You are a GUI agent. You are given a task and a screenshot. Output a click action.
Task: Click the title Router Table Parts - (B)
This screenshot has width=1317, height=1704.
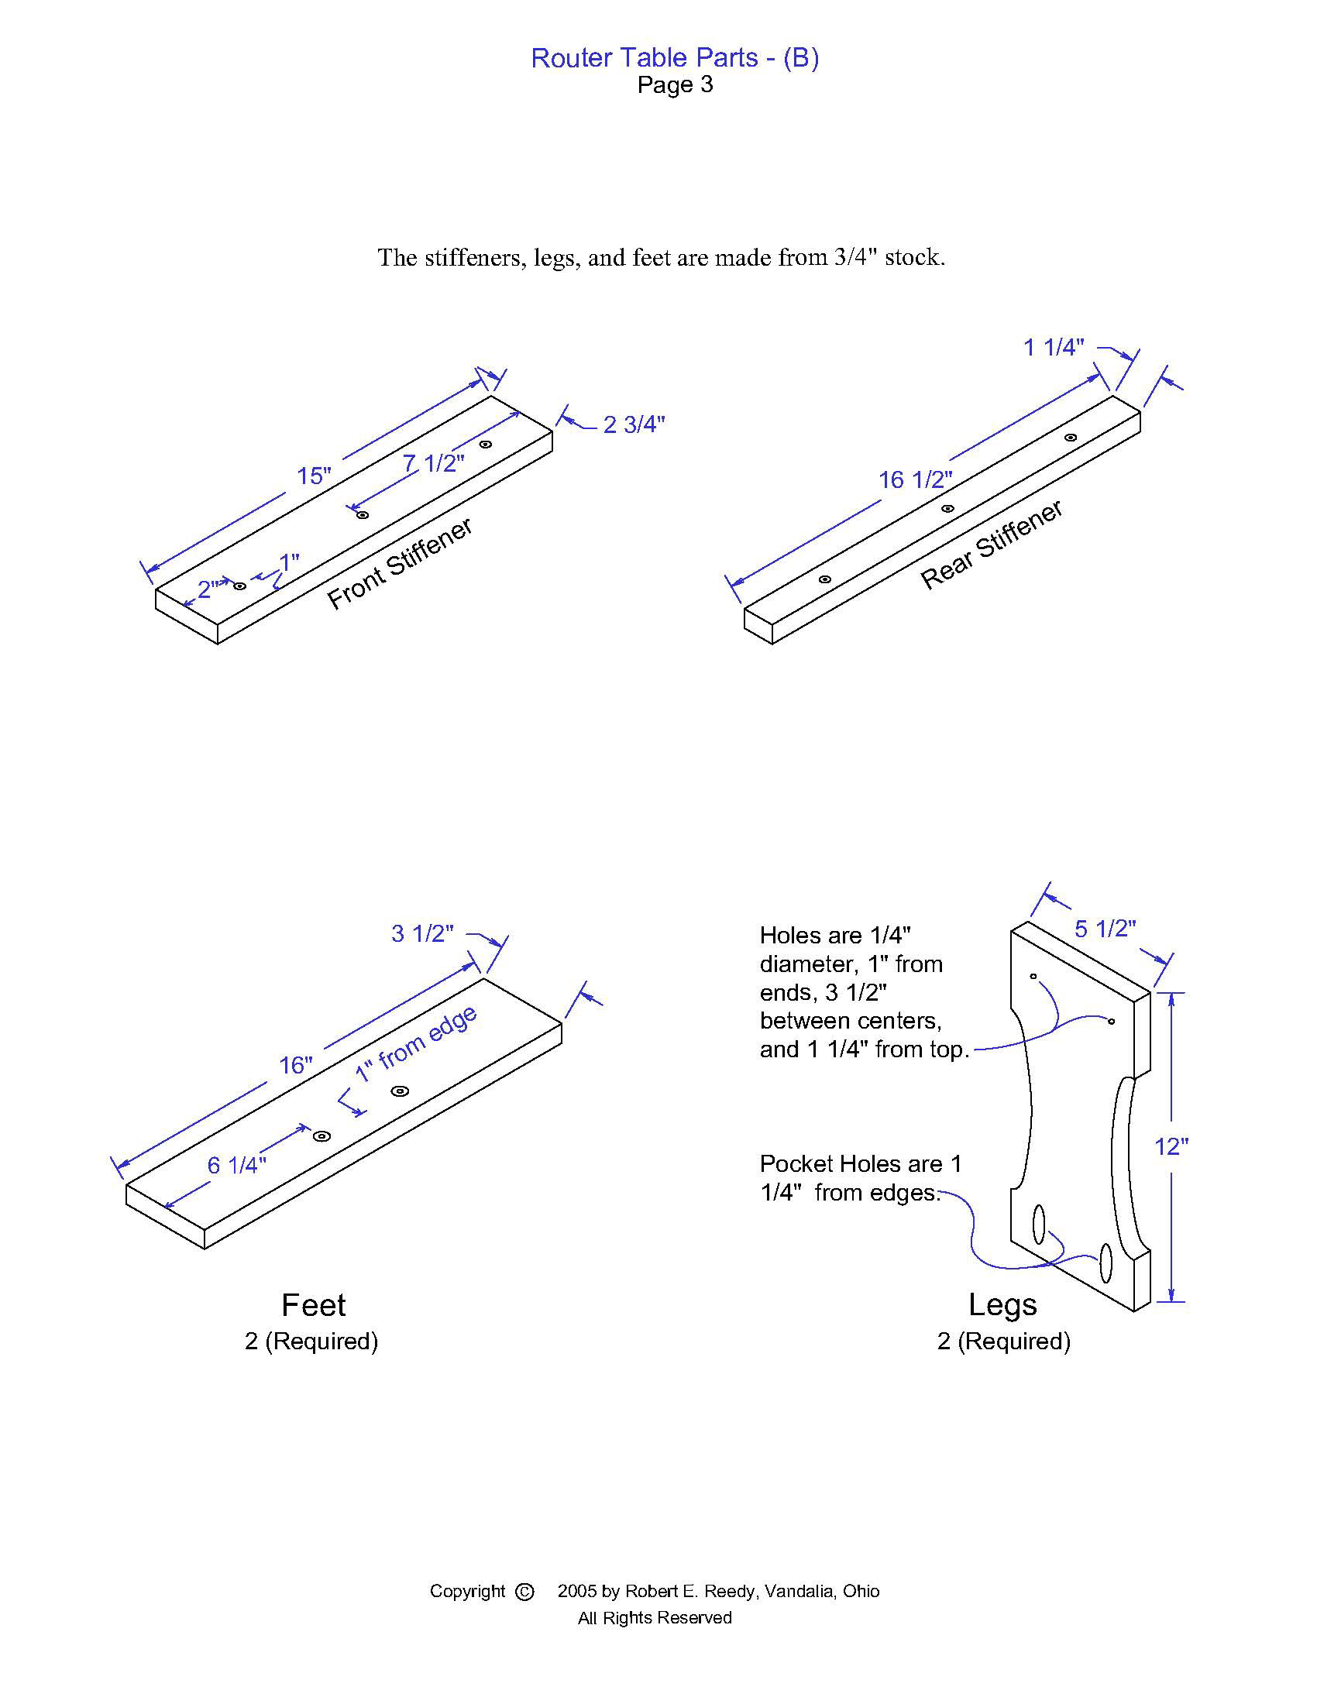[675, 58]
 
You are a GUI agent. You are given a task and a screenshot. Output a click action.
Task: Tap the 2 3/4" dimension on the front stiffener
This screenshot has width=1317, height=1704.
[634, 424]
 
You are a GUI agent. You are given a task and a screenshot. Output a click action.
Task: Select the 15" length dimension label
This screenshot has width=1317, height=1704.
[314, 475]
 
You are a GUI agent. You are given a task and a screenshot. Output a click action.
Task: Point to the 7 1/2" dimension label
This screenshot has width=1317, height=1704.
[434, 463]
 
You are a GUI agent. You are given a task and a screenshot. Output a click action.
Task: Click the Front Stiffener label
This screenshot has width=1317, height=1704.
[400, 563]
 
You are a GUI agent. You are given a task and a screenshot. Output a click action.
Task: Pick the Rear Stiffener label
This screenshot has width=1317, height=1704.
[992, 544]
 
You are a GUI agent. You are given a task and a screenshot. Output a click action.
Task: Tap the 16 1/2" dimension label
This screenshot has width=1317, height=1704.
[915, 479]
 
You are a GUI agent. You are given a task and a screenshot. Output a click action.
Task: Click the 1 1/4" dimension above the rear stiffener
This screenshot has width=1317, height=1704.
[1054, 347]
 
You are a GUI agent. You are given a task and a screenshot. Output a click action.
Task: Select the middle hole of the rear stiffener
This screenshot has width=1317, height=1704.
[947, 509]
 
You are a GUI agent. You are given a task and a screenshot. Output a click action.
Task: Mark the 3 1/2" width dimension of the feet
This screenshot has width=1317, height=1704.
[422, 933]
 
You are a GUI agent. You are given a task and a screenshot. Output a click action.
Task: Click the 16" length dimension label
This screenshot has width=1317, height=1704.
[296, 1065]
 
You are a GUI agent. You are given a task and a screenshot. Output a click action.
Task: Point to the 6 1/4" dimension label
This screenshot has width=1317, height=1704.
[236, 1165]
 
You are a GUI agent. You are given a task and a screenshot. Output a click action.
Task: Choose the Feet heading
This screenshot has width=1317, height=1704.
[314, 1304]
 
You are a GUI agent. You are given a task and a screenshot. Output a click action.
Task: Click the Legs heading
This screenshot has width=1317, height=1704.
[1002, 1304]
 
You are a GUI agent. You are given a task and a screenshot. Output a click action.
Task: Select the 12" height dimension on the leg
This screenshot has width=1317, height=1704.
[1171, 1146]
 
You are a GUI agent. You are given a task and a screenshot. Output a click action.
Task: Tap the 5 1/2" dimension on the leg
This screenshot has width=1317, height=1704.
[1105, 929]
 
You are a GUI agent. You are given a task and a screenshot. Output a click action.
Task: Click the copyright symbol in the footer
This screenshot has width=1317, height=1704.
[525, 1592]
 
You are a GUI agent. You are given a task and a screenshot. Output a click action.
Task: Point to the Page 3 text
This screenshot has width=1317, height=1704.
[675, 84]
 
